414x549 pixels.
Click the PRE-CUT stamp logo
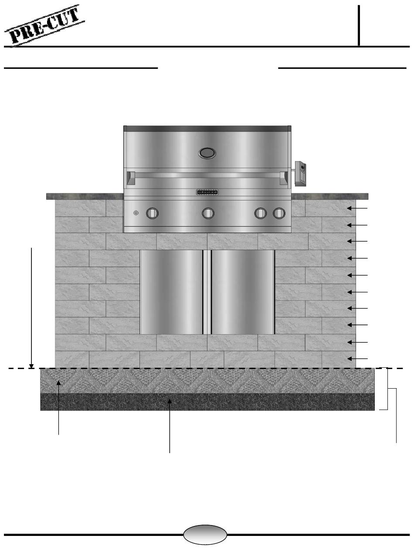[x=44, y=25]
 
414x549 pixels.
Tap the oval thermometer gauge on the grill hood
[x=207, y=153]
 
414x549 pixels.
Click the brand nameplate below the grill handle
[x=207, y=192]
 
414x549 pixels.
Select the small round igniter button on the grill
[x=136, y=213]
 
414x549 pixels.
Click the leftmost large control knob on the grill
[x=153, y=213]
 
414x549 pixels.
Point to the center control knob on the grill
[x=208, y=213]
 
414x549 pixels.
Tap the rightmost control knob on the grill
[x=279, y=213]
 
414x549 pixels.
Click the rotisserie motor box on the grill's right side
[x=300, y=173]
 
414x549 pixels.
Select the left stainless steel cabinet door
[x=172, y=292]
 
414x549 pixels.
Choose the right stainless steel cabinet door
[x=243, y=292]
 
